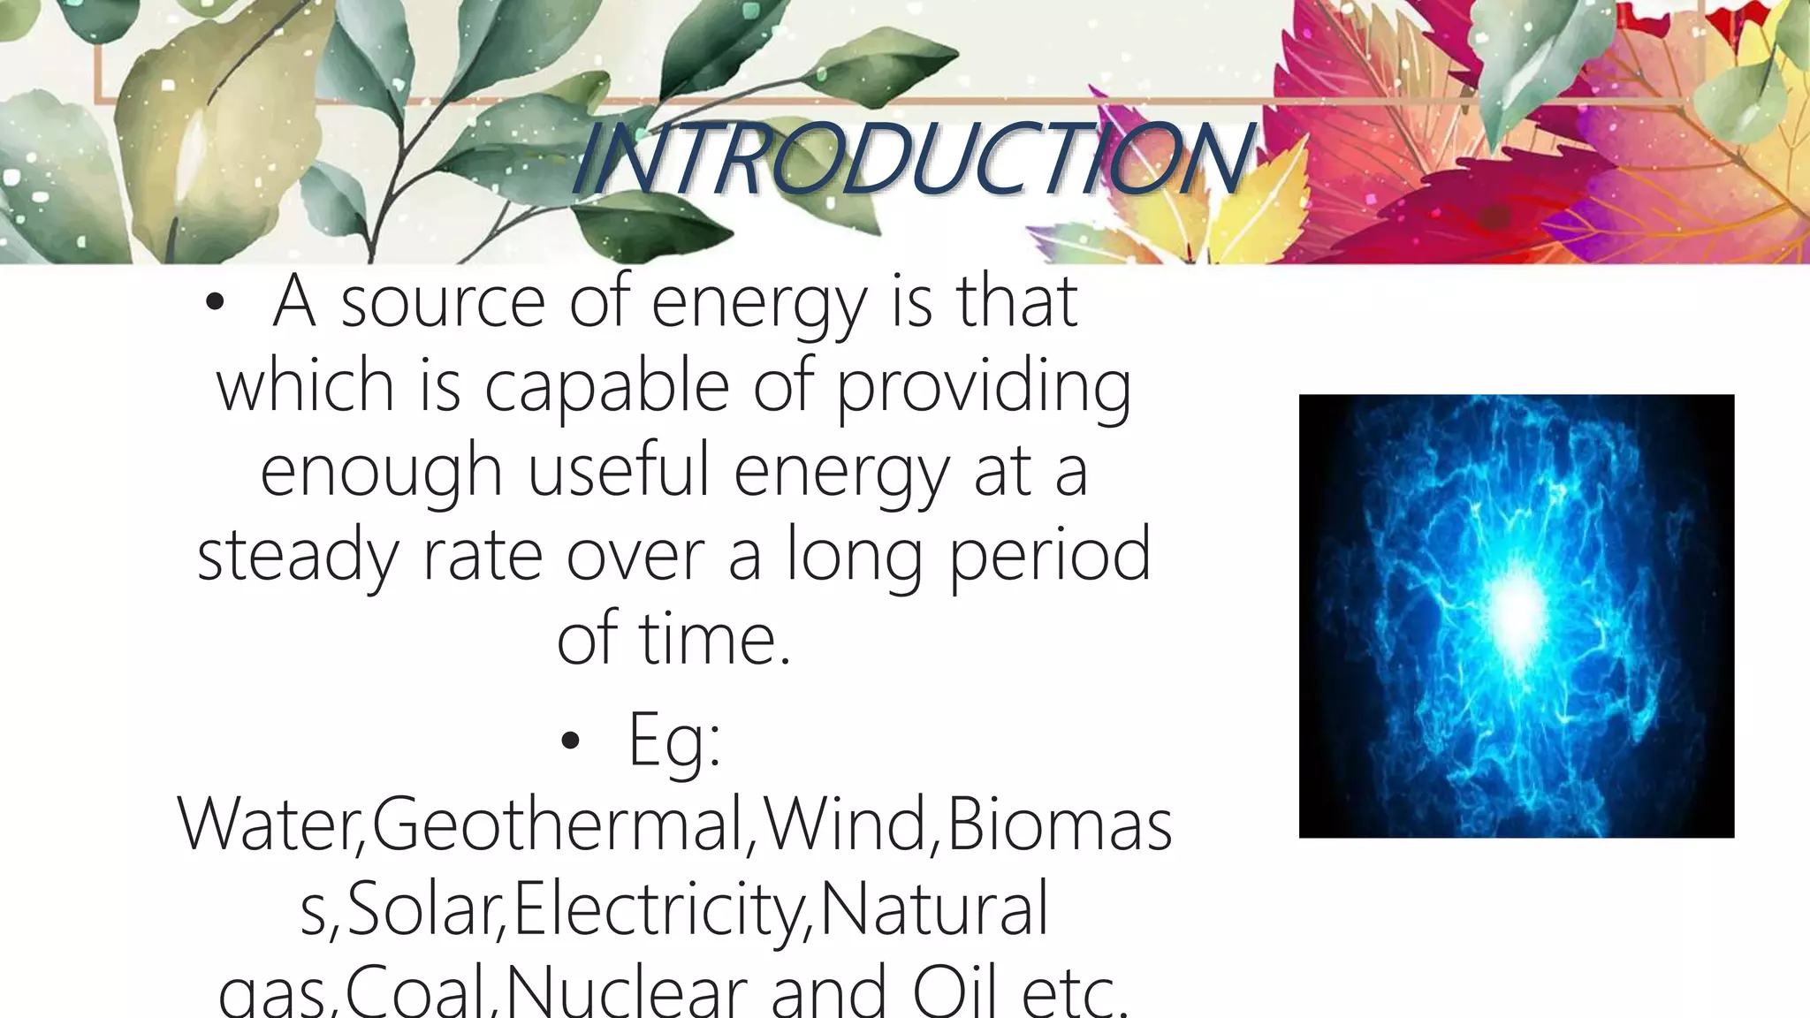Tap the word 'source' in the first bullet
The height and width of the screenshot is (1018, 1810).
click(443, 302)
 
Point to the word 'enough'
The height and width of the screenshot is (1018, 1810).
click(381, 471)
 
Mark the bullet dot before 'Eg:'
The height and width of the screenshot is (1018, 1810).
click(570, 742)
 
